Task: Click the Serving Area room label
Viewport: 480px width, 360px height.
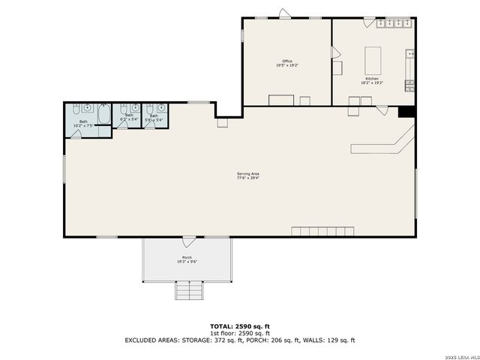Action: (x=248, y=175)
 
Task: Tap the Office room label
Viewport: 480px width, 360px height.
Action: (x=286, y=63)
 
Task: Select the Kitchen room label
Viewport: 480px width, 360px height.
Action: (x=373, y=80)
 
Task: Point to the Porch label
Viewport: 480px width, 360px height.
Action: (x=187, y=259)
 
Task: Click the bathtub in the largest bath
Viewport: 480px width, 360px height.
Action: (x=104, y=115)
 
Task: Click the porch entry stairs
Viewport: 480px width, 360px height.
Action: (x=188, y=289)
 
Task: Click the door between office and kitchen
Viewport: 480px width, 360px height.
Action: (x=335, y=53)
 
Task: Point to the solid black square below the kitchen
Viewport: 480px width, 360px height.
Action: (x=406, y=112)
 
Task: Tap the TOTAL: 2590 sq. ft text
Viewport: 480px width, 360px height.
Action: (x=239, y=326)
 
